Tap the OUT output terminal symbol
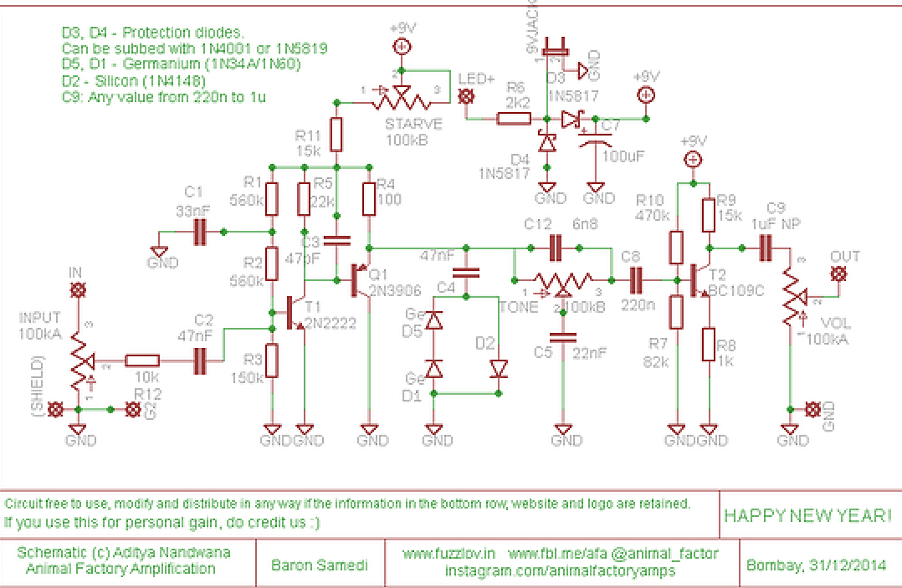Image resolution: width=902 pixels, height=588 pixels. pos(838,274)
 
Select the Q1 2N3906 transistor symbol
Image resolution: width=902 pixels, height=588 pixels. pos(359,281)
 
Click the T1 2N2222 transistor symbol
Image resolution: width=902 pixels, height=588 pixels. pos(295,312)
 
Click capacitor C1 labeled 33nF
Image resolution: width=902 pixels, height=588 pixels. pos(200,232)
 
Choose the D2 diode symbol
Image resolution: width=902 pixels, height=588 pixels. pos(499,368)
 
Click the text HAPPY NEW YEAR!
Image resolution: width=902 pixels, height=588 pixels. pos(807,515)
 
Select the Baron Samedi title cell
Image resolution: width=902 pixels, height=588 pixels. pos(320,565)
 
